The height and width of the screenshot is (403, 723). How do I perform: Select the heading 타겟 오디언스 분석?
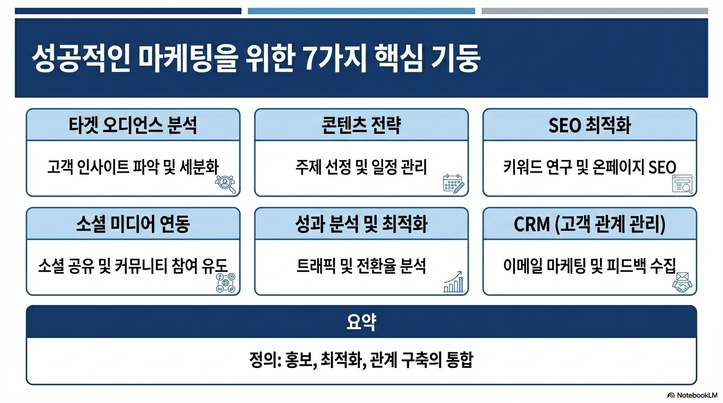[133, 125]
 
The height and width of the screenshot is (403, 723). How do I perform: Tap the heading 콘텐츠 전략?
[361, 125]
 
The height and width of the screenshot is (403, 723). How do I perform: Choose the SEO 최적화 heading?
[590, 125]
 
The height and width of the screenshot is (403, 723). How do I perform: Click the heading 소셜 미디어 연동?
[133, 225]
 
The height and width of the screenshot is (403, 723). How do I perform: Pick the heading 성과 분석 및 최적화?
[361, 225]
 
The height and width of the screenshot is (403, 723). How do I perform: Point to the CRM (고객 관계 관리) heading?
[590, 225]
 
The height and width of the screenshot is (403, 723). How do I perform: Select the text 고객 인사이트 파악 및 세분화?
[132, 167]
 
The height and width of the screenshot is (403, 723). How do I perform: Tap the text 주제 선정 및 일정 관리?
[361, 167]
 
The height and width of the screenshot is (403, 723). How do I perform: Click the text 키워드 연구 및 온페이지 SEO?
[590, 167]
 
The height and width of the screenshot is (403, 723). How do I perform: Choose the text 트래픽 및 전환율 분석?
[361, 266]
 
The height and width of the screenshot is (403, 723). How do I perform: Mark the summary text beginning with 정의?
[361, 361]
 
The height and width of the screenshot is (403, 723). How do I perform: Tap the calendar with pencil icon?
[453, 184]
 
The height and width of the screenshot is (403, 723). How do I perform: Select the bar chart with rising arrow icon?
[453, 282]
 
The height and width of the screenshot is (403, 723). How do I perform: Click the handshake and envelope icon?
[683, 282]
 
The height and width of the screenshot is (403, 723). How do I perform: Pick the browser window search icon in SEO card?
[683, 184]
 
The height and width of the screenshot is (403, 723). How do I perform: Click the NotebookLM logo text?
[692, 395]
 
